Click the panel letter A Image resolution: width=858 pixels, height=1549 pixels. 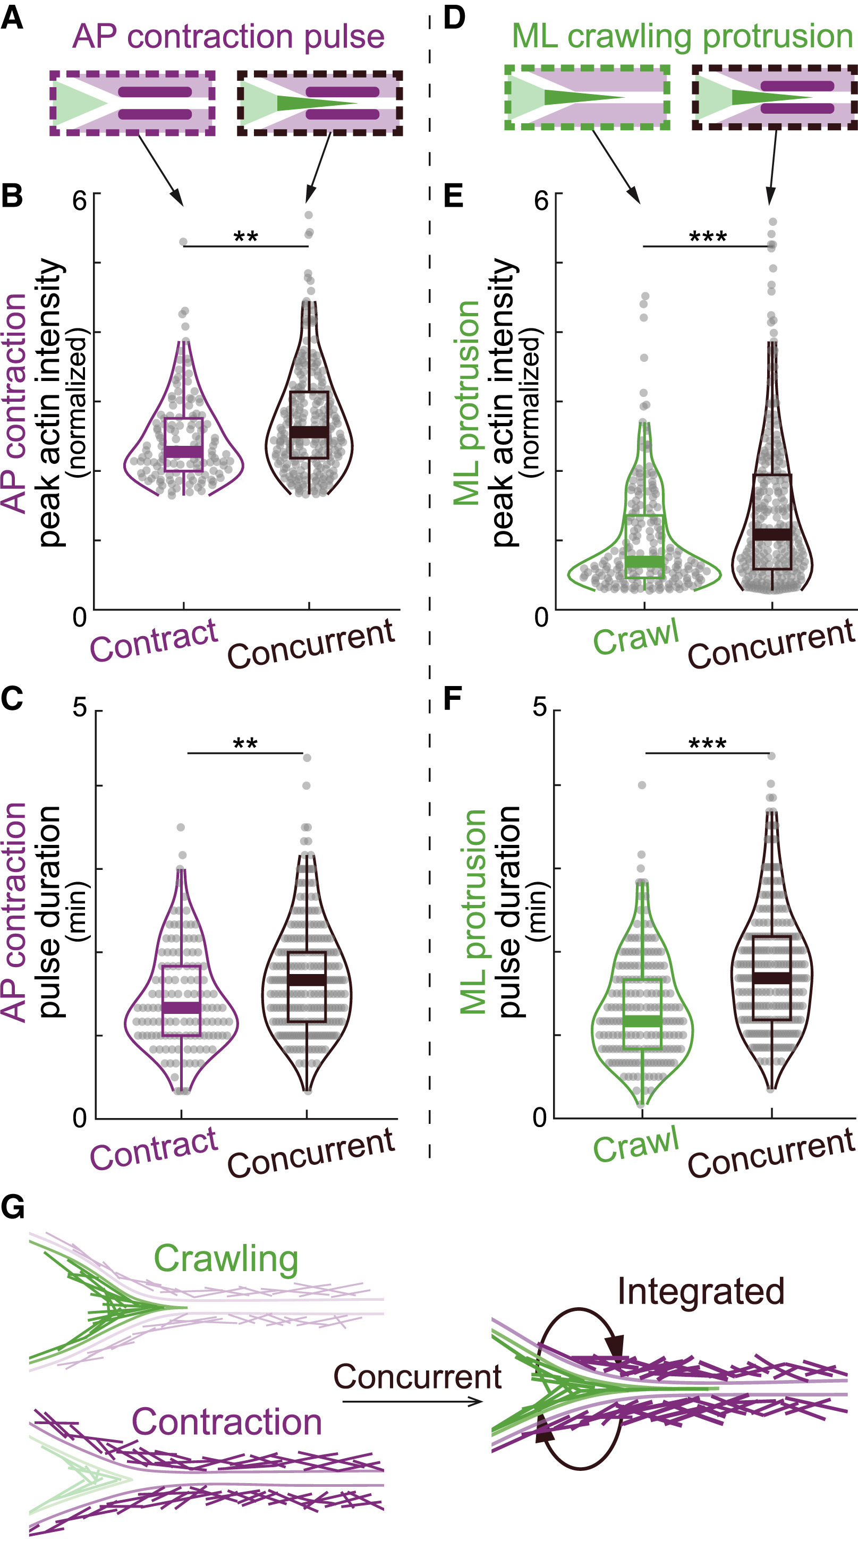coord(12,18)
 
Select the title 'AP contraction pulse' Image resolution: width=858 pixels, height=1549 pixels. coord(228,37)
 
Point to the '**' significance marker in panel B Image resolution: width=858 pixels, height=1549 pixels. coord(245,236)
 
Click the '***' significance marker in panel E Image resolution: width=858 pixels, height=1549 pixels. coord(708,236)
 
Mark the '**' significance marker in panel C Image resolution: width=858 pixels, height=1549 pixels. coord(245,744)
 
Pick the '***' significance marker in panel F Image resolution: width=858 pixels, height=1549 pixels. coord(708,744)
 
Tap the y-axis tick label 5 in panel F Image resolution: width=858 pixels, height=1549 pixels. coord(540,707)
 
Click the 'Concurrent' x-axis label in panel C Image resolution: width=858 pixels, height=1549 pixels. coord(311,1152)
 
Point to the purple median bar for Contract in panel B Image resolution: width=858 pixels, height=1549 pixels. coord(183,452)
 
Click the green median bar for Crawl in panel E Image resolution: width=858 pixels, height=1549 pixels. coord(644,562)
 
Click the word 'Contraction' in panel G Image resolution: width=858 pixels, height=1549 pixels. coord(227,1422)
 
